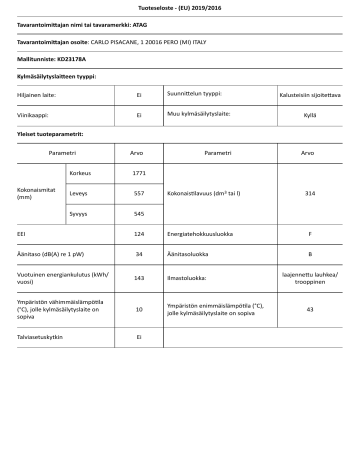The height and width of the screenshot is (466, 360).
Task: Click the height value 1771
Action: click(139, 173)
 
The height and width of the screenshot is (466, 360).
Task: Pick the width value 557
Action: click(139, 192)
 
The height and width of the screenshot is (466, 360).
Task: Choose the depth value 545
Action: click(139, 212)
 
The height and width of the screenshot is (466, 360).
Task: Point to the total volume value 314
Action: click(310, 192)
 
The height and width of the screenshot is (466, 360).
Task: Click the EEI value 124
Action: click(139, 232)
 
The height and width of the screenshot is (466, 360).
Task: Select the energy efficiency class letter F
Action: click(310, 232)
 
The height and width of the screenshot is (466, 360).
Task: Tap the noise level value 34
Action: click(139, 254)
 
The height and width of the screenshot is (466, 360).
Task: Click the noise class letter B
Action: click(310, 254)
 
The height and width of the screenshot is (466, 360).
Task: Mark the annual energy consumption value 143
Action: click(139, 278)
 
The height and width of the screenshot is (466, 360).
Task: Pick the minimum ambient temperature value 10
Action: click(139, 310)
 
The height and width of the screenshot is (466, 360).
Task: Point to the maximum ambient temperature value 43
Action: click(310, 310)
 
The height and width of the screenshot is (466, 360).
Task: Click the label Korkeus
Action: click(80, 173)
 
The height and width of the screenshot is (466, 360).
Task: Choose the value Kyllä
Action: click(310, 115)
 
